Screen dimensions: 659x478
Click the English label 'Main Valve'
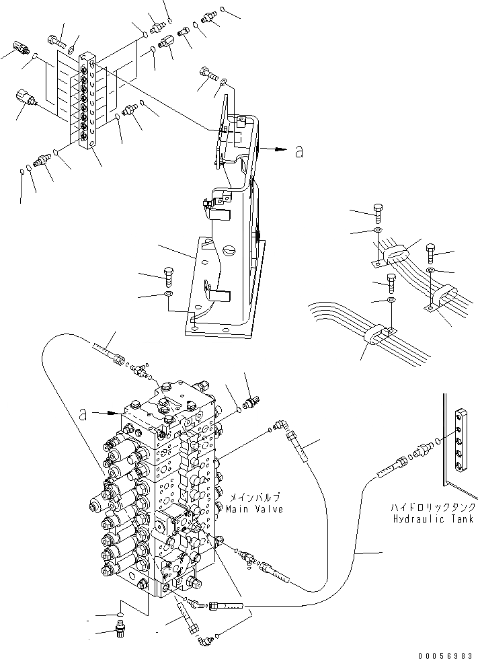pyautogui.click(x=255, y=509)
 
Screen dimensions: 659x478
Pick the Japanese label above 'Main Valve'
pyautogui.click(x=255, y=498)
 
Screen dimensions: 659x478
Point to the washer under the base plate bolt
pyautogui.click(x=167, y=294)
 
